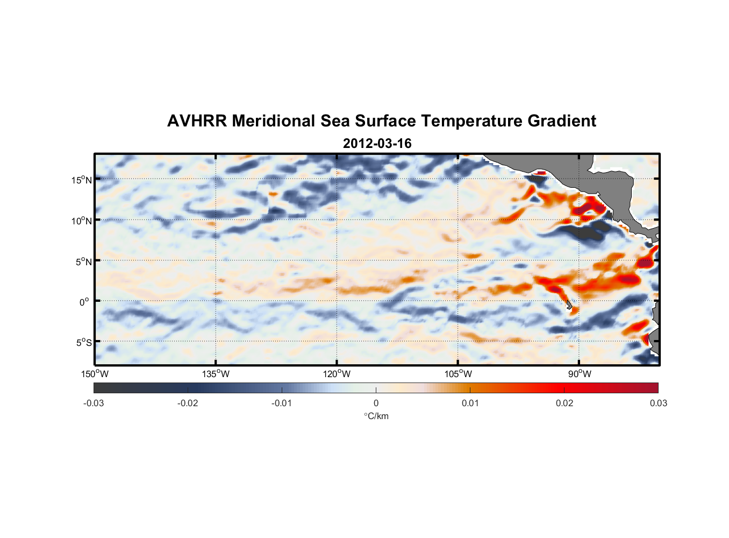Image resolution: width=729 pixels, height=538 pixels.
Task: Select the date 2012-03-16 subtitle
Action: tap(377, 144)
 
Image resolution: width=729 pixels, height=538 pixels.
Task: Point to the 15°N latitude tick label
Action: tap(82, 180)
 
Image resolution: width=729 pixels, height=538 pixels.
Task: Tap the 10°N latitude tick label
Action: tap(82, 221)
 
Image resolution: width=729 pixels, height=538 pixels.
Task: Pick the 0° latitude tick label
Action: tap(84, 302)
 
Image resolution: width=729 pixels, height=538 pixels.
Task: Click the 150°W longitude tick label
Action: tap(95, 374)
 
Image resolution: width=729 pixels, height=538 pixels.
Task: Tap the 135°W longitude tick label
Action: tap(216, 374)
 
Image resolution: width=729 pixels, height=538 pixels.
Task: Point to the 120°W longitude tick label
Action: tap(337, 374)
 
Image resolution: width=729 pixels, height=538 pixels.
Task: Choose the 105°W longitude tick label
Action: tap(458, 374)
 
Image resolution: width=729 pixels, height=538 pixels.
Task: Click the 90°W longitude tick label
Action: tap(580, 374)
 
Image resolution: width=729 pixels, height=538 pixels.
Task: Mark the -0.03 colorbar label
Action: tap(94, 403)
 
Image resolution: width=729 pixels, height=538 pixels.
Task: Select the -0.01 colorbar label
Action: tap(282, 403)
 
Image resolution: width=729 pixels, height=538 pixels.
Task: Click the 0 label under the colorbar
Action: tap(376, 403)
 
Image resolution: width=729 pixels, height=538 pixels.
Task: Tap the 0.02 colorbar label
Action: tap(564, 403)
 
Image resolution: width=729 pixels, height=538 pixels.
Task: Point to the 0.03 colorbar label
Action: tap(658, 403)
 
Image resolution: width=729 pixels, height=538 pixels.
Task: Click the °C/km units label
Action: tap(376, 416)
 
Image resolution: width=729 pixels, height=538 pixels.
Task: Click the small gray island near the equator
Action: tap(569, 305)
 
